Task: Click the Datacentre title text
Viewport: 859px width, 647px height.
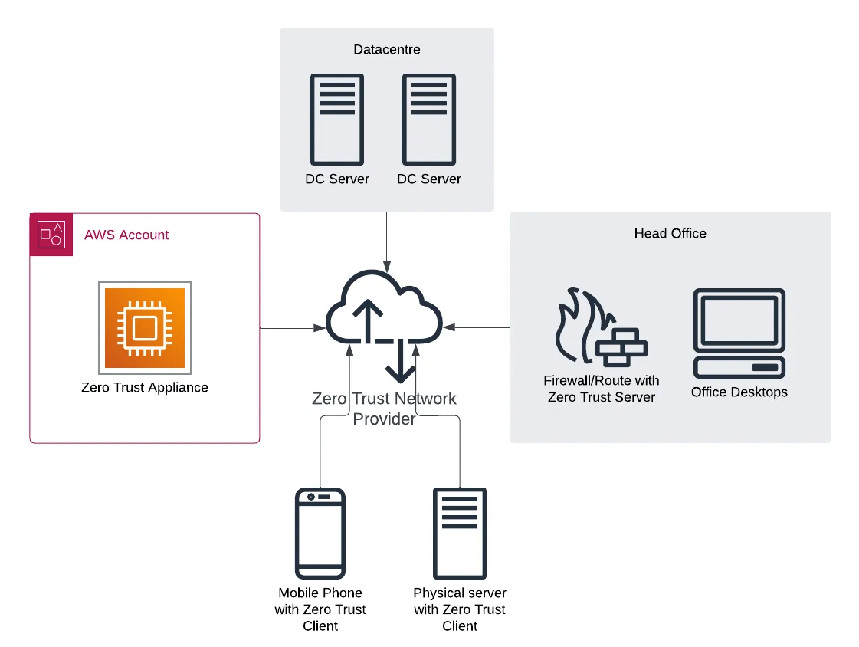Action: click(386, 50)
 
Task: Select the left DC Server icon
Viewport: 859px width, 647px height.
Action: click(337, 119)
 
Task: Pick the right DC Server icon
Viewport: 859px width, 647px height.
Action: click(429, 119)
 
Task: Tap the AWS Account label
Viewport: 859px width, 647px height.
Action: click(126, 235)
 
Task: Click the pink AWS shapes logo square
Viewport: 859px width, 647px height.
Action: click(51, 235)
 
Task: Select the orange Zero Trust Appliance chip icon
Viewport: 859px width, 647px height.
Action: click(145, 327)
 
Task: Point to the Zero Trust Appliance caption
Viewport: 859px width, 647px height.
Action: click(145, 388)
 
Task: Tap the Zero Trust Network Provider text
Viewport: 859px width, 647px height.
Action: click(385, 409)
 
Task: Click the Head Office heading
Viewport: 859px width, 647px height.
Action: click(670, 234)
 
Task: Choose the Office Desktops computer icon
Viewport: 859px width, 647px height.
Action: click(739, 333)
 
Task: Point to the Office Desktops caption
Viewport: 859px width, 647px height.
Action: click(739, 392)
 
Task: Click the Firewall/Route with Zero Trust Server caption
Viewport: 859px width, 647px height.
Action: click(602, 389)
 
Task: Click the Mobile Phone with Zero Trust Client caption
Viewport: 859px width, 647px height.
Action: click(320, 609)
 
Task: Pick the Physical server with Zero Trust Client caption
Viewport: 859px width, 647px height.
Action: click(460, 609)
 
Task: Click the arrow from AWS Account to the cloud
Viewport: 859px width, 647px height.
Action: click(291, 328)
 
